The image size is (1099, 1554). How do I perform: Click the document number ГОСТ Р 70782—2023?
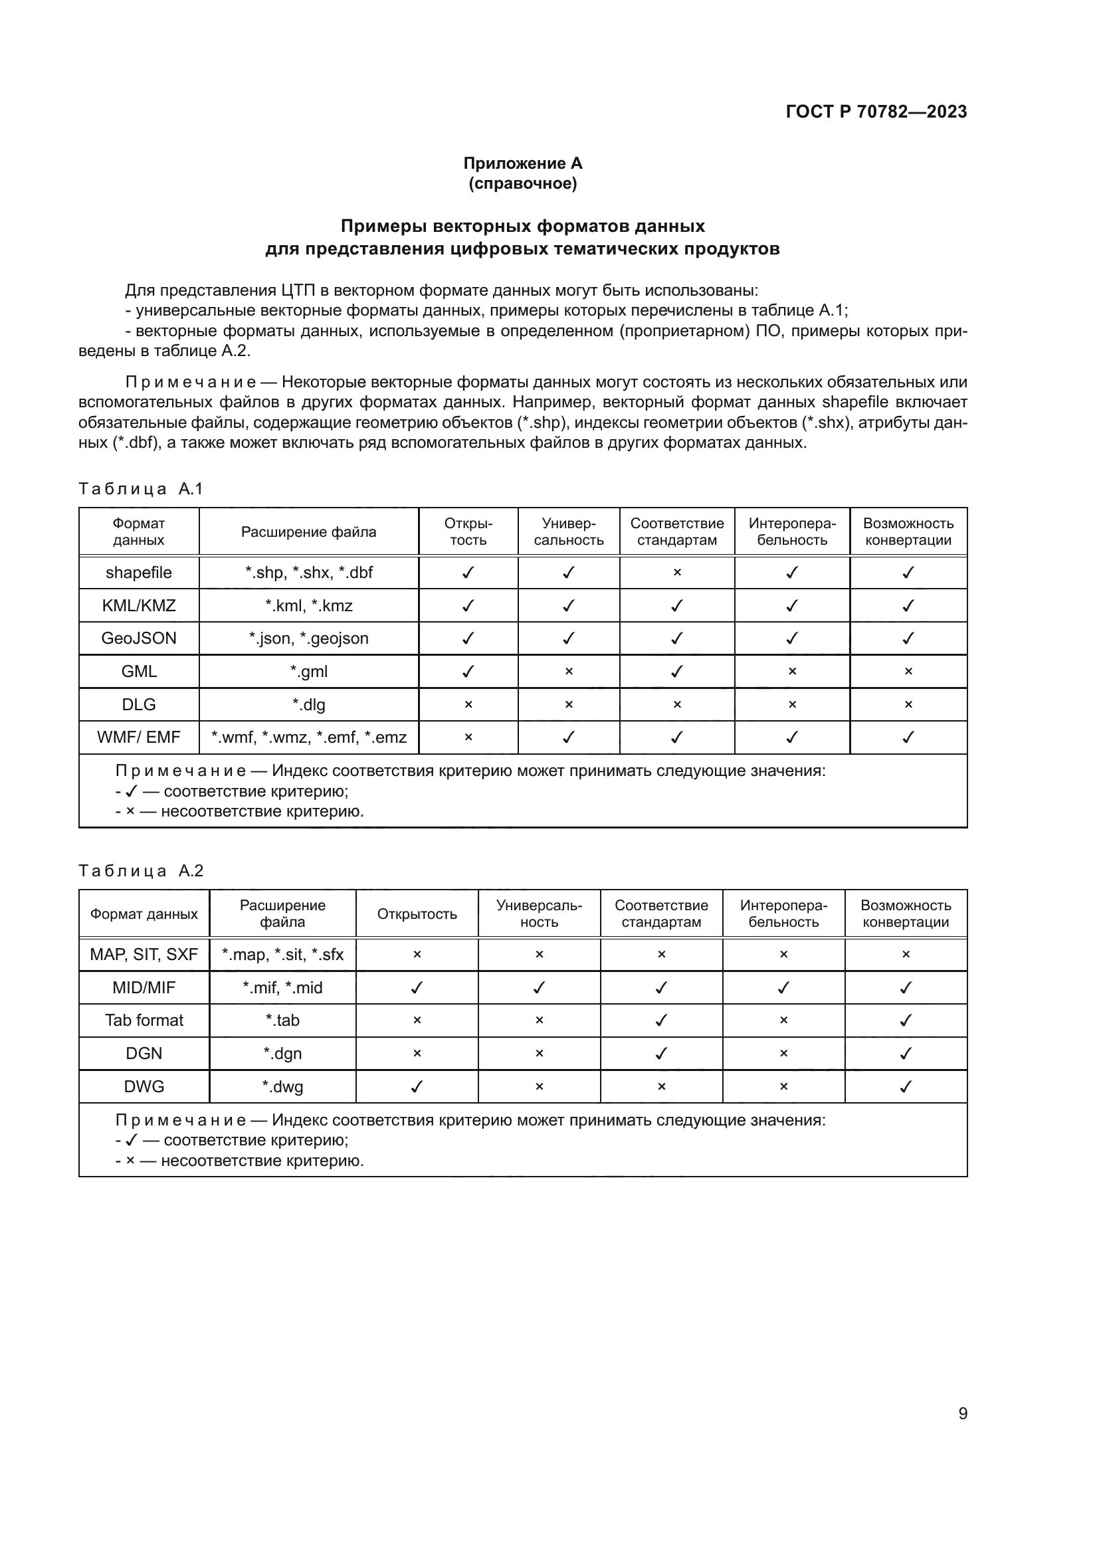876,112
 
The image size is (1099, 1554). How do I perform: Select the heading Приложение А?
522,163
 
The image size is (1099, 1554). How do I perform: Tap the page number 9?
962,1413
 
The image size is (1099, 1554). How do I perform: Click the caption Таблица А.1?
141,489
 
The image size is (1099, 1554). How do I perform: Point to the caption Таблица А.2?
141,870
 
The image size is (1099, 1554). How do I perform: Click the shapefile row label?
139,573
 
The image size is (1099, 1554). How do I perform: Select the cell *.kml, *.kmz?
308,606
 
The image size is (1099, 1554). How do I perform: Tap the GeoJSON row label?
139,638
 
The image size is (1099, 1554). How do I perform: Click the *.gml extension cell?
308,672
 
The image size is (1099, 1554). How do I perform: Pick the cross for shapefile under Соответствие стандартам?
676,573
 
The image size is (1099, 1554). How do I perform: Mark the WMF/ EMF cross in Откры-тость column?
468,737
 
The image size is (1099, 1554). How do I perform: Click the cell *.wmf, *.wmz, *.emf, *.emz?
308,737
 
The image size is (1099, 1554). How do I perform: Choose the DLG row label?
139,704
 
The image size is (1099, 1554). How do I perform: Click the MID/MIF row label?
144,987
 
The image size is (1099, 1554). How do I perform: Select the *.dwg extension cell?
282,1086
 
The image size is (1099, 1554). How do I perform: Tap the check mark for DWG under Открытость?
417,1086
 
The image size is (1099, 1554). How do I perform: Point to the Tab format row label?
144,1020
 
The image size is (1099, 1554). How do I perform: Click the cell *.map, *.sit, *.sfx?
282,954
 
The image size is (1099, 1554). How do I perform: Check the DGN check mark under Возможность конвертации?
906,1053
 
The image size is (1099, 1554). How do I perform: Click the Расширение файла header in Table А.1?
308,532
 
